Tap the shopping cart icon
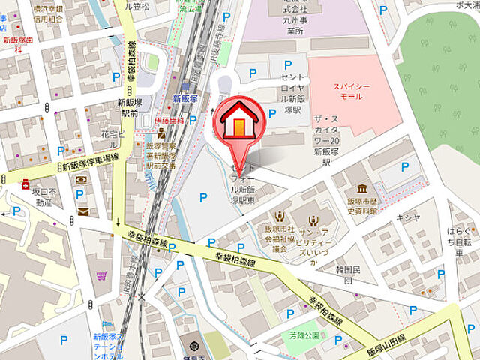(100, 275)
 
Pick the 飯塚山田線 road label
(383, 342)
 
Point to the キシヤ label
(406, 217)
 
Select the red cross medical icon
(26, 183)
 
